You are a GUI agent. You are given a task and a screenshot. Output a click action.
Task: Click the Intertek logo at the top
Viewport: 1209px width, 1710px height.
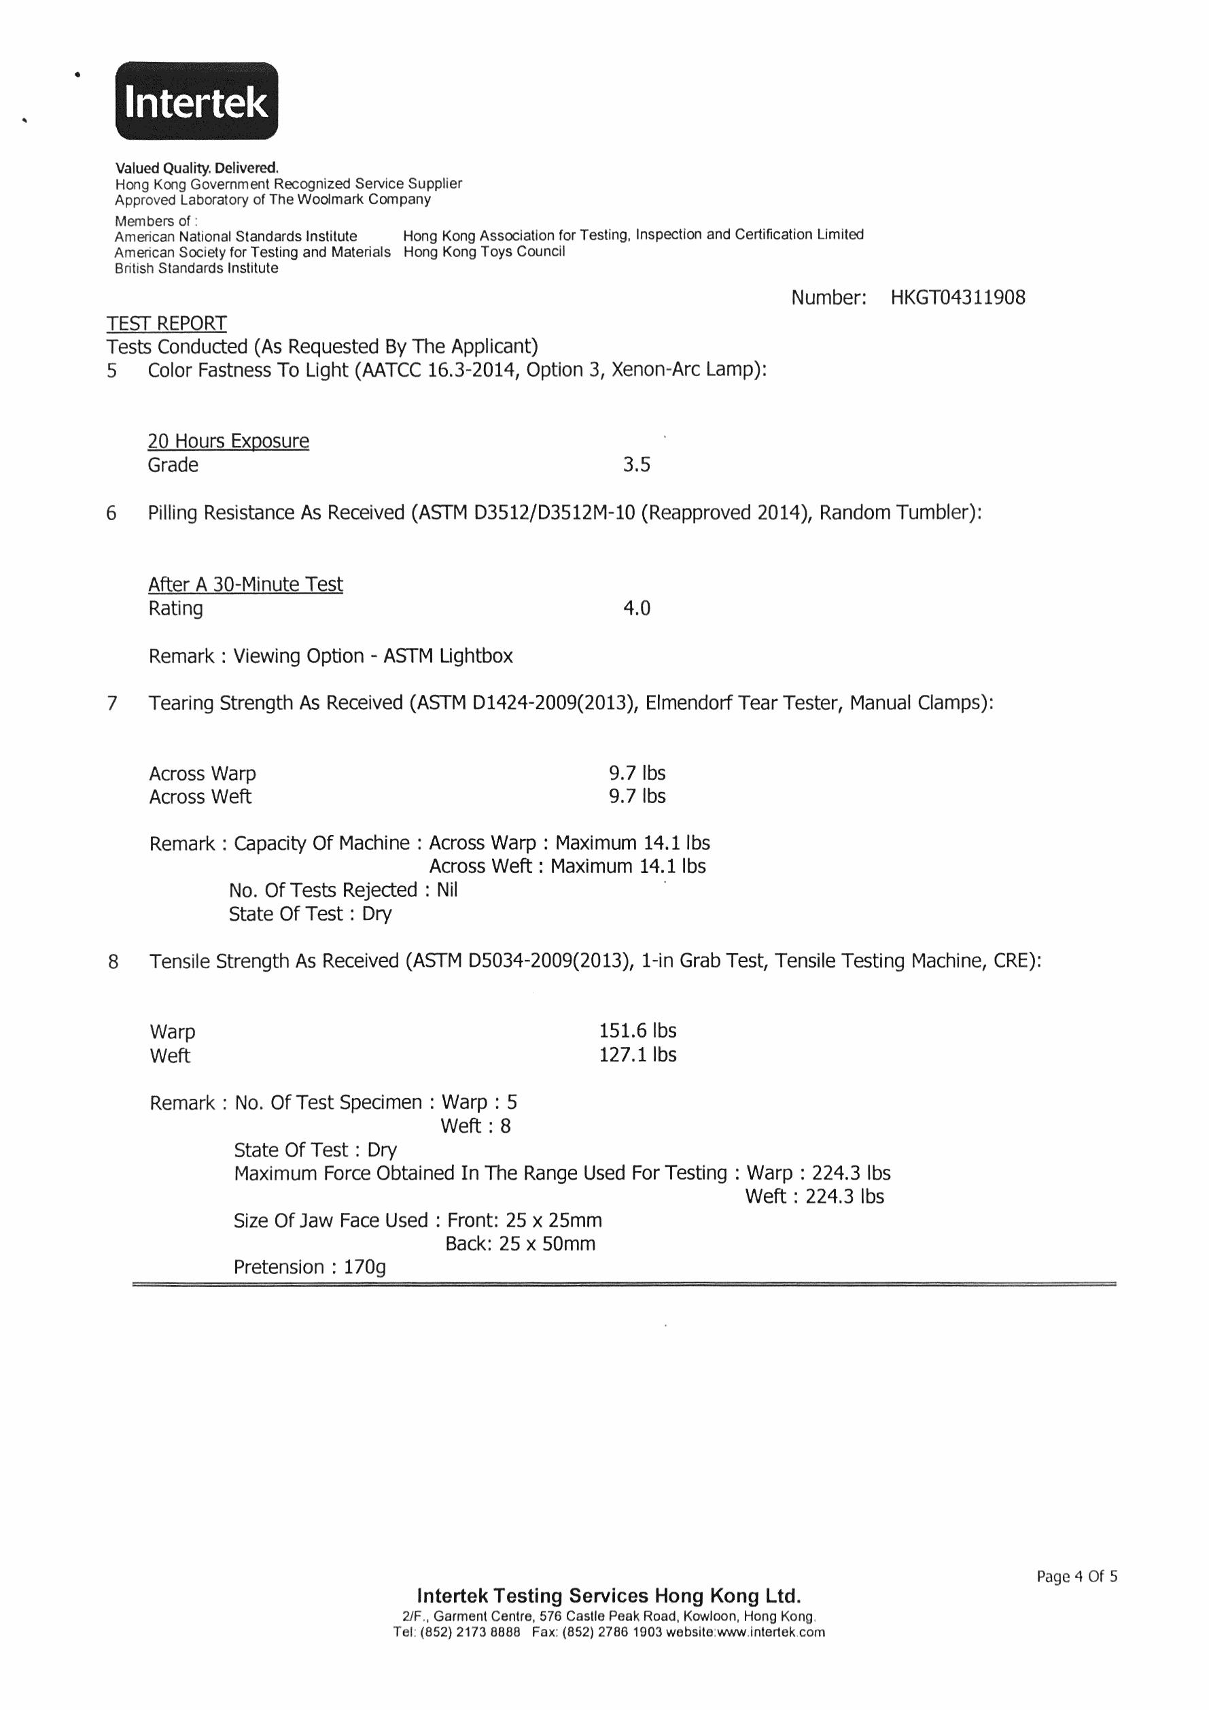(x=196, y=101)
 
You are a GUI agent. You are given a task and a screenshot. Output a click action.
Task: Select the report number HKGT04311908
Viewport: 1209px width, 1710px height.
(x=958, y=298)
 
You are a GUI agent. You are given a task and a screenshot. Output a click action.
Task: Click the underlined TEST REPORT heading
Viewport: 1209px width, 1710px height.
(x=166, y=323)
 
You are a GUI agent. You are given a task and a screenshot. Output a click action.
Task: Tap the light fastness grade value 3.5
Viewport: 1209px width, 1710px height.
(x=637, y=465)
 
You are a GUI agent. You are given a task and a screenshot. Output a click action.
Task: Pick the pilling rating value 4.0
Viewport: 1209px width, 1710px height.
(x=637, y=609)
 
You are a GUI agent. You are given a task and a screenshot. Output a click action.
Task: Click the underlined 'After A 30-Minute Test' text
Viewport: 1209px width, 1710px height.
(x=245, y=585)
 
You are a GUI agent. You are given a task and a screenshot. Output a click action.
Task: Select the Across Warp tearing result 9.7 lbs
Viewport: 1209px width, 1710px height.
(x=637, y=773)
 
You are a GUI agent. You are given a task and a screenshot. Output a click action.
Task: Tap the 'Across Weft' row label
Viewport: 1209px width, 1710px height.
(x=200, y=797)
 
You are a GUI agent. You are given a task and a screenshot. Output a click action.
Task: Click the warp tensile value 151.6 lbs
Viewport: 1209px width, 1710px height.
(x=637, y=1031)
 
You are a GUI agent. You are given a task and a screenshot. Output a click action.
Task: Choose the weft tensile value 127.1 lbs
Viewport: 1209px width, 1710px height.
(x=637, y=1055)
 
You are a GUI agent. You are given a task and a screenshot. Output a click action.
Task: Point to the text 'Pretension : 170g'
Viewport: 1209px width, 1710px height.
(x=310, y=1267)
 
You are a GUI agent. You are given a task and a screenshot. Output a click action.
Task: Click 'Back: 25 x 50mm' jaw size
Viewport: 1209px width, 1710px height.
(x=521, y=1244)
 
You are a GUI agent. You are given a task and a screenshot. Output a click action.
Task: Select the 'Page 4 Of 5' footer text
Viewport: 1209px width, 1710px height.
(x=1076, y=1577)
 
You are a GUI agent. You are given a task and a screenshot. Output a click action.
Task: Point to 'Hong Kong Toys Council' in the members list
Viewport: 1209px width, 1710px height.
(x=484, y=252)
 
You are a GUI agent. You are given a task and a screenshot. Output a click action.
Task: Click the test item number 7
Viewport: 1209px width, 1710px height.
(x=111, y=703)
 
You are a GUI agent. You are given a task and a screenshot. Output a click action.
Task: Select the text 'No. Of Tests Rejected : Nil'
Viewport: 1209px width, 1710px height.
(x=343, y=890)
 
